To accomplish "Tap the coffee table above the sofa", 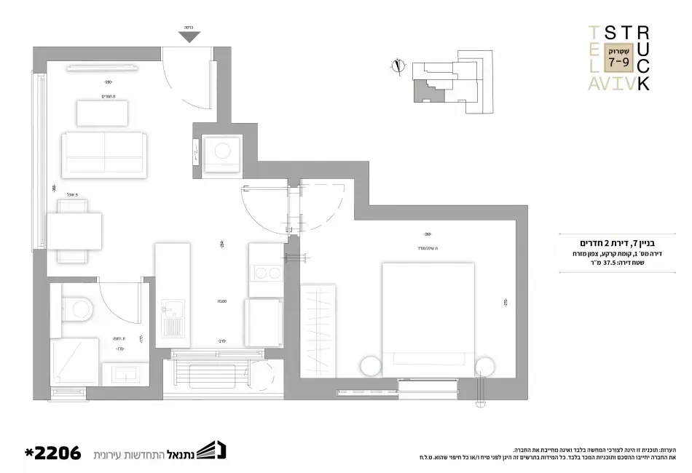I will pyautogui.click(x=102, y=114).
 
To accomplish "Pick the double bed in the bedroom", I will pyautogui.click(x=428, y=317).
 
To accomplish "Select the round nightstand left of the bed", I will pyautogui.click(x=370, y=366).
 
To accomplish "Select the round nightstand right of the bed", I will pyautogui.click(x=485, y=366).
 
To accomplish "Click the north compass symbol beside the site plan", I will pyautogui.click(x=397, y=66).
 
